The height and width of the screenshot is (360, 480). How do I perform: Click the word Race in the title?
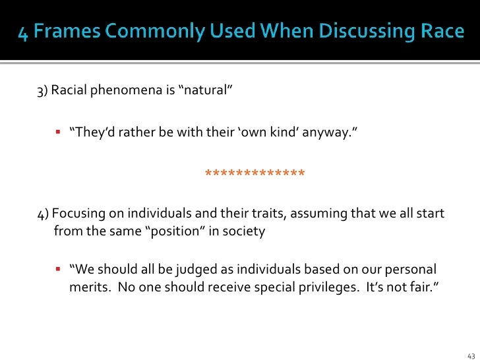click(x=435, y=32)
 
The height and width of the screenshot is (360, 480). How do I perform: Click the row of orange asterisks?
click(x=255, y=174)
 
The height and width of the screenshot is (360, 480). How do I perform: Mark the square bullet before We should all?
click(x=58, y=270)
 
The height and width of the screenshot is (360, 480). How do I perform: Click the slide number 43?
click(x=470, y=353)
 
